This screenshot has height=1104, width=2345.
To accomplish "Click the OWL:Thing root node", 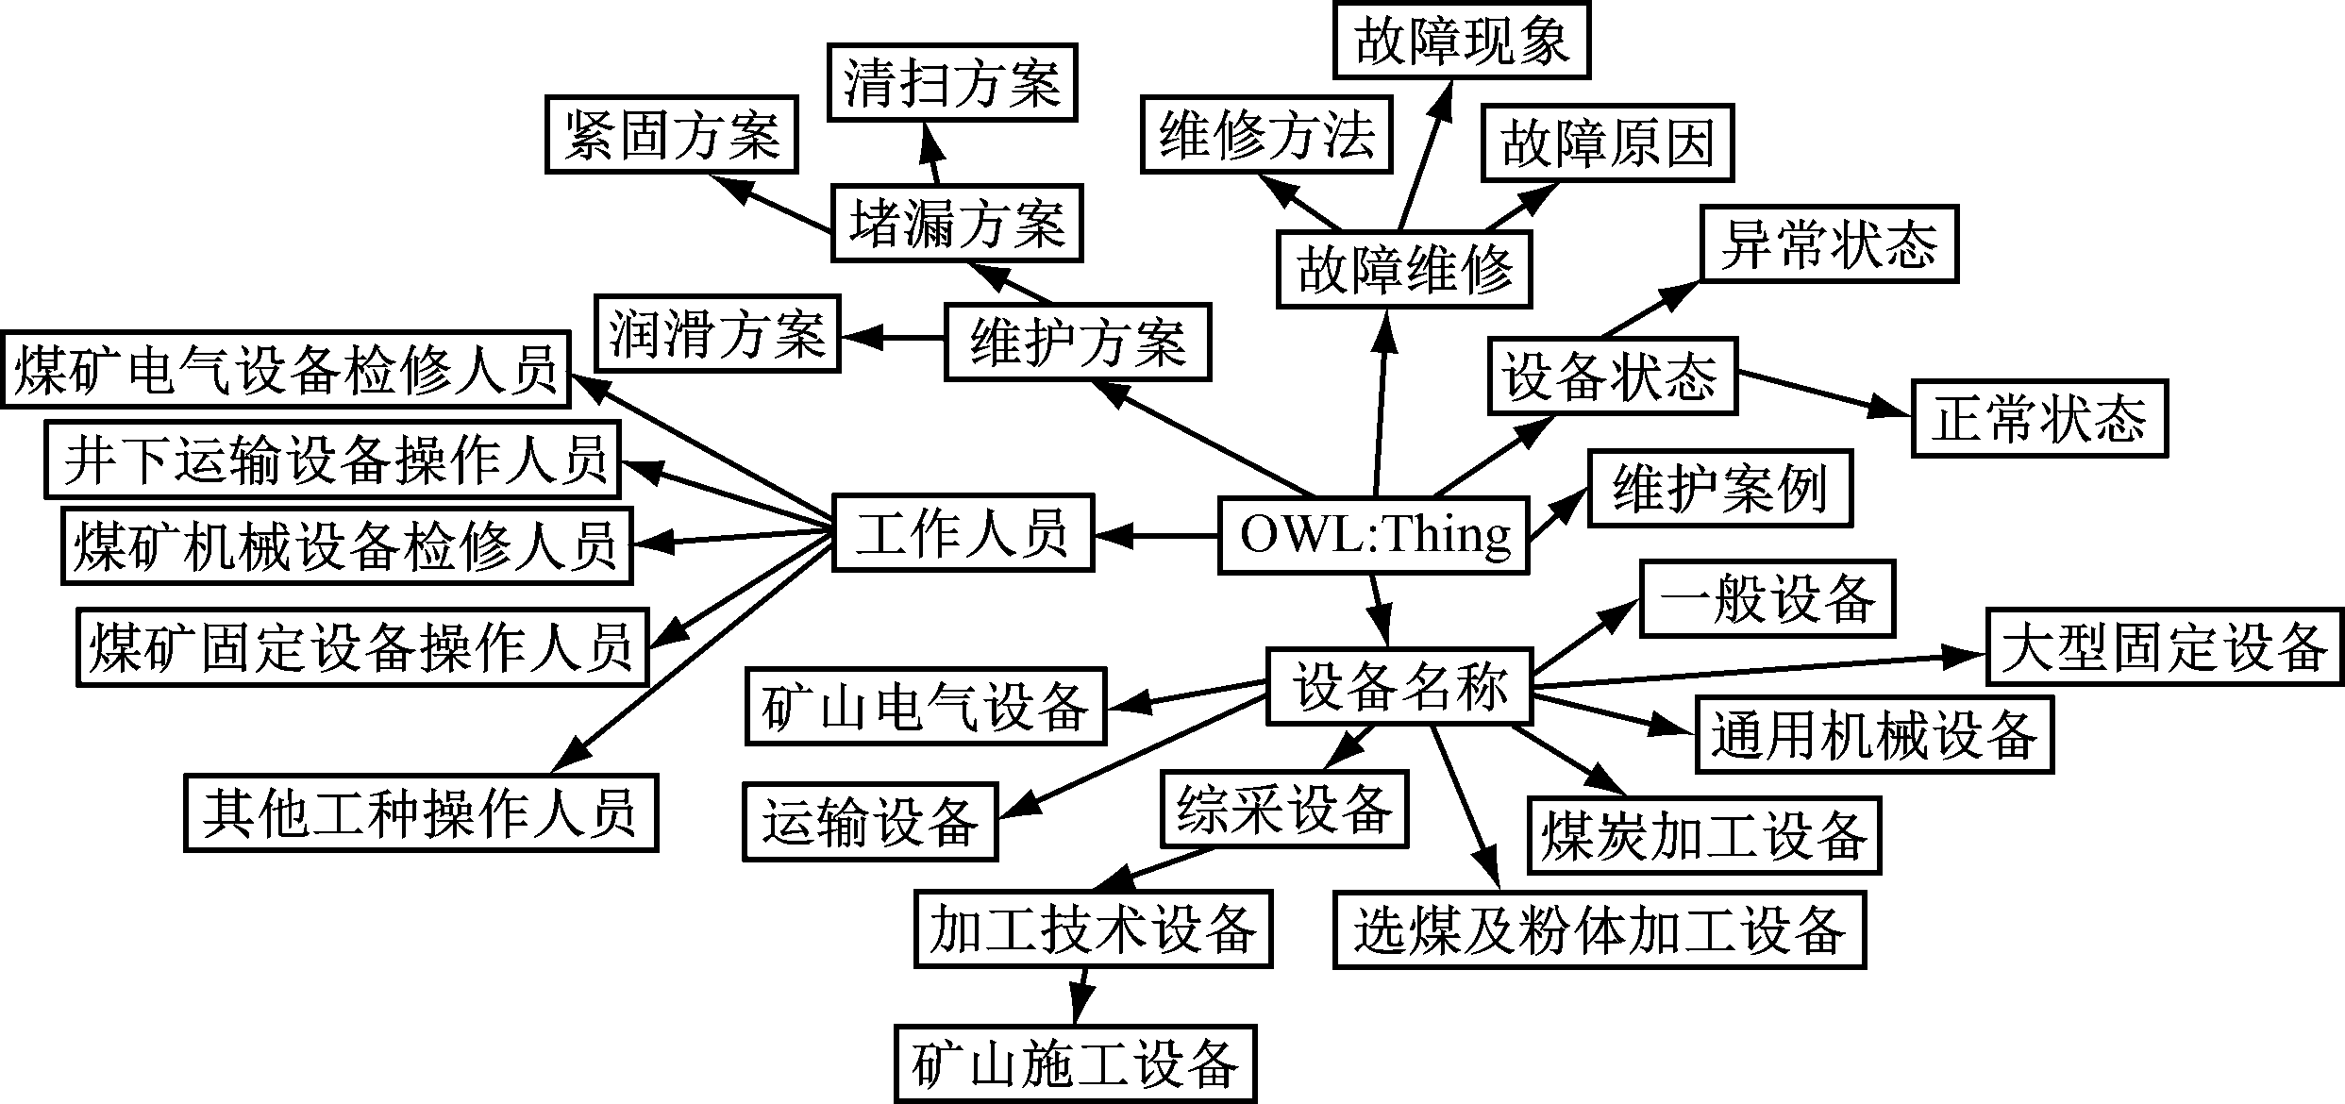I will pyautogui.click(x=1373, y=535).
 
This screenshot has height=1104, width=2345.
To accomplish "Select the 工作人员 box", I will pyautogui.click(x=963, y=533).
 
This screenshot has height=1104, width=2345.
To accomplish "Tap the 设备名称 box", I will pyautogui.click(x=1399, y=686).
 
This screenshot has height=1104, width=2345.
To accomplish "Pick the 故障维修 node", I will pyautogui.click(x=1403, y=271).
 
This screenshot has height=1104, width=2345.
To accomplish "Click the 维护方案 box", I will pyautogui.click(x=1078, y=342).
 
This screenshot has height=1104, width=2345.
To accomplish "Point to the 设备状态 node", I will pyautogui.click(x=1612, y=376).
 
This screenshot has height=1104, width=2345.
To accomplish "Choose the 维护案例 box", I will pyautogui.click(x=1719, y=489).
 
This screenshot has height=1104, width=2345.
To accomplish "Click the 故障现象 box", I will pyautogui.click(x=1461, y=41).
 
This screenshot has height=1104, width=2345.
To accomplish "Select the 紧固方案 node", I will pyautogui.click(x=671, y=135).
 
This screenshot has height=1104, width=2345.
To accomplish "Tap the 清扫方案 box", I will pyautogui.click(x=952, y=82).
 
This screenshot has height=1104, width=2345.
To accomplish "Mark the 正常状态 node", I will pyautogui.click(x=2039, y=419).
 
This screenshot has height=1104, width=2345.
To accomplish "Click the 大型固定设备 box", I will pyautogui.click(x=2164, y=647).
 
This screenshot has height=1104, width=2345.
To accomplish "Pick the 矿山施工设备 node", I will pyautogui.click(x=1076, y=1064).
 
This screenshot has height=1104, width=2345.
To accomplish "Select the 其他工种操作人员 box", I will pyautogui.click(x=421, y=813).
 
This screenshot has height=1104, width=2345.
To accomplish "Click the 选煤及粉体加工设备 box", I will pyautogui.click(x=1600, y=929).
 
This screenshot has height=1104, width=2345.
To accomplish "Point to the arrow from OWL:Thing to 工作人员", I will pyautogui.click(x=1156, y=536).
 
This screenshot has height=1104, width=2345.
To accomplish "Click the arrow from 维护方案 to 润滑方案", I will pyautogui.click(x=893, y=337).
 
